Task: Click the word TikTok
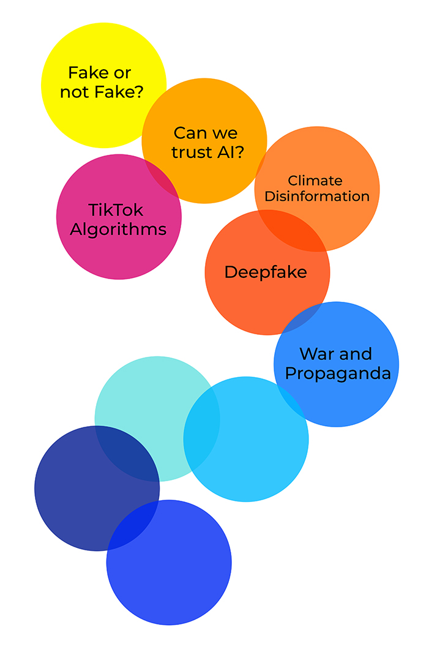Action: point(116,210)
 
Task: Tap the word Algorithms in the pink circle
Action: point(118,230)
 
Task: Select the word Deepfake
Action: point(266,272)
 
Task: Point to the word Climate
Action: point(315,181)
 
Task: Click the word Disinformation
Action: point(317,197)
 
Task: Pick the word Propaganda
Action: point(338,373)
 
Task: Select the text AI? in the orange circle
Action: point(232,152)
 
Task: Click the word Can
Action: point(188,133)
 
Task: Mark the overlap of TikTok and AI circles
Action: point(161,178)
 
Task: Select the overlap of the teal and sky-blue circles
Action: point(202,428)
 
